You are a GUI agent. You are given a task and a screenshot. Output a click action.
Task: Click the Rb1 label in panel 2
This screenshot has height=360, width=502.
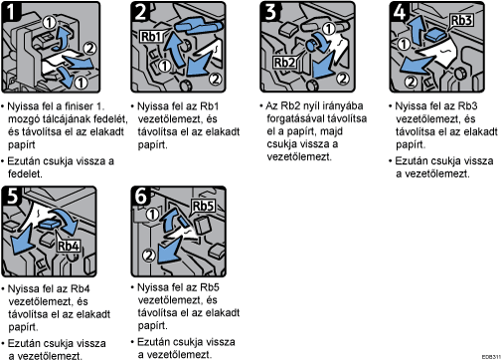click(x=151, y=36)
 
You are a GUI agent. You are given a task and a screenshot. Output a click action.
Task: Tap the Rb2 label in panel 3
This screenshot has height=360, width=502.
click(x=284, y=62)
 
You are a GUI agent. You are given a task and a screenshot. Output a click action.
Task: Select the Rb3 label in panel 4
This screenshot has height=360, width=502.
click(x=461, y=20)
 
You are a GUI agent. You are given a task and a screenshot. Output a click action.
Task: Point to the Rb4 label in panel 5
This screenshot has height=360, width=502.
click(x=69, y=246)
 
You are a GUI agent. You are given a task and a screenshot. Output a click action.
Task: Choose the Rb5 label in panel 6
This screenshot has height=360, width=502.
click(x=203, y=206)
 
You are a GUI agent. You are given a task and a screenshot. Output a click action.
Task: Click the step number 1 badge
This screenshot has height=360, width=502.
click(x=11, y=12)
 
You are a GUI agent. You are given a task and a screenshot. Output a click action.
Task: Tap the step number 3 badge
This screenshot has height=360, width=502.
click(x=269, y=12)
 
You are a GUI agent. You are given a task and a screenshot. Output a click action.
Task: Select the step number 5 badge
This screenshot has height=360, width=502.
click(x=11, y=196)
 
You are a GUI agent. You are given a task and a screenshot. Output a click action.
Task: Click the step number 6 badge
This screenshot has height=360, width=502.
click(x=141, y=196)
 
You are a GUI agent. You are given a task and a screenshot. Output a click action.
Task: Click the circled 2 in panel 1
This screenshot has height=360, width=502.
click(x=89, y=48)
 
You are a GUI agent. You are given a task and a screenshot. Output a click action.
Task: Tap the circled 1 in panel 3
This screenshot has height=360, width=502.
click(x=329, y=29)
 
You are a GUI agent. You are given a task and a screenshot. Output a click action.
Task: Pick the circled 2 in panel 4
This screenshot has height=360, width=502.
click(x=411, y=82)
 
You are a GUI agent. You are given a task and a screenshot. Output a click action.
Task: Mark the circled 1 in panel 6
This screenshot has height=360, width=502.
click(x=152, y=214)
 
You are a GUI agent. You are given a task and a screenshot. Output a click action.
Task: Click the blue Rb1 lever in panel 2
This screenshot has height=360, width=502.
click(x=198, y=26)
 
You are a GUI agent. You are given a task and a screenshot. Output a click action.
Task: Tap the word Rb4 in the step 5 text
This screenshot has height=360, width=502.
click(x=80, y=288)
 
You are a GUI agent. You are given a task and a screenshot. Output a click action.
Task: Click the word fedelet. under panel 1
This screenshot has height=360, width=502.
click(x=25, y=174)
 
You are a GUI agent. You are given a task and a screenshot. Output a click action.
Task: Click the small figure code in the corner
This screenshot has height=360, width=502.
click(x=491, y=357)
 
